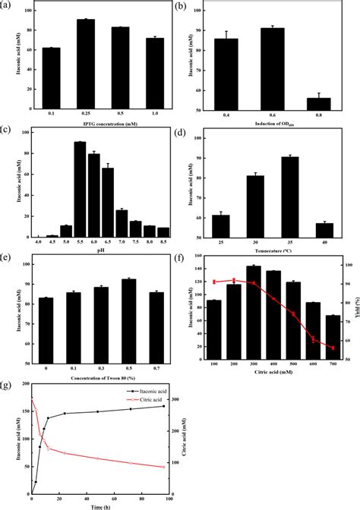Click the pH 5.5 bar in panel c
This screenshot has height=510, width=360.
point(80,190)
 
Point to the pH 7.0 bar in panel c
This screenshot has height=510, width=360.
point(122,224)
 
